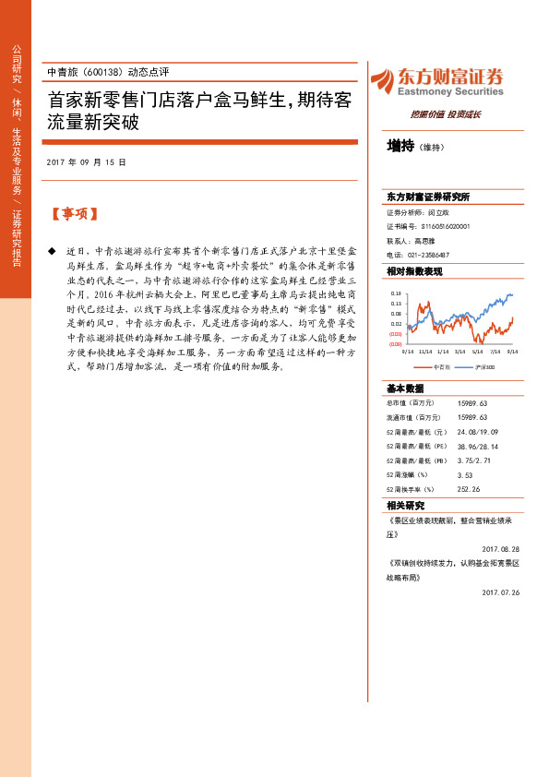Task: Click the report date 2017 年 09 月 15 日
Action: [x=86, y=161]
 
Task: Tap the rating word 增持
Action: [x=400, y=147]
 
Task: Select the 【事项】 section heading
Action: [x=73, y=214]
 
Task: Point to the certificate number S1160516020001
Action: [x=446, y=226]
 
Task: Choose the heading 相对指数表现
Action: [x=414, y=271]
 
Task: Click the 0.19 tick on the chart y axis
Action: [x=395, y=293]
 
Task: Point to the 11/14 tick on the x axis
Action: [x=424, y=352]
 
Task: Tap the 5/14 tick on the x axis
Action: [x=478, y=352]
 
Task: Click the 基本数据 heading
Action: [x=406, y=388]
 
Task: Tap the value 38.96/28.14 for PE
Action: [x=479, y=446]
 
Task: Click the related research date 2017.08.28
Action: [x=501, y=547]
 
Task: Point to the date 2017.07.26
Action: [x=501, y=592]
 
